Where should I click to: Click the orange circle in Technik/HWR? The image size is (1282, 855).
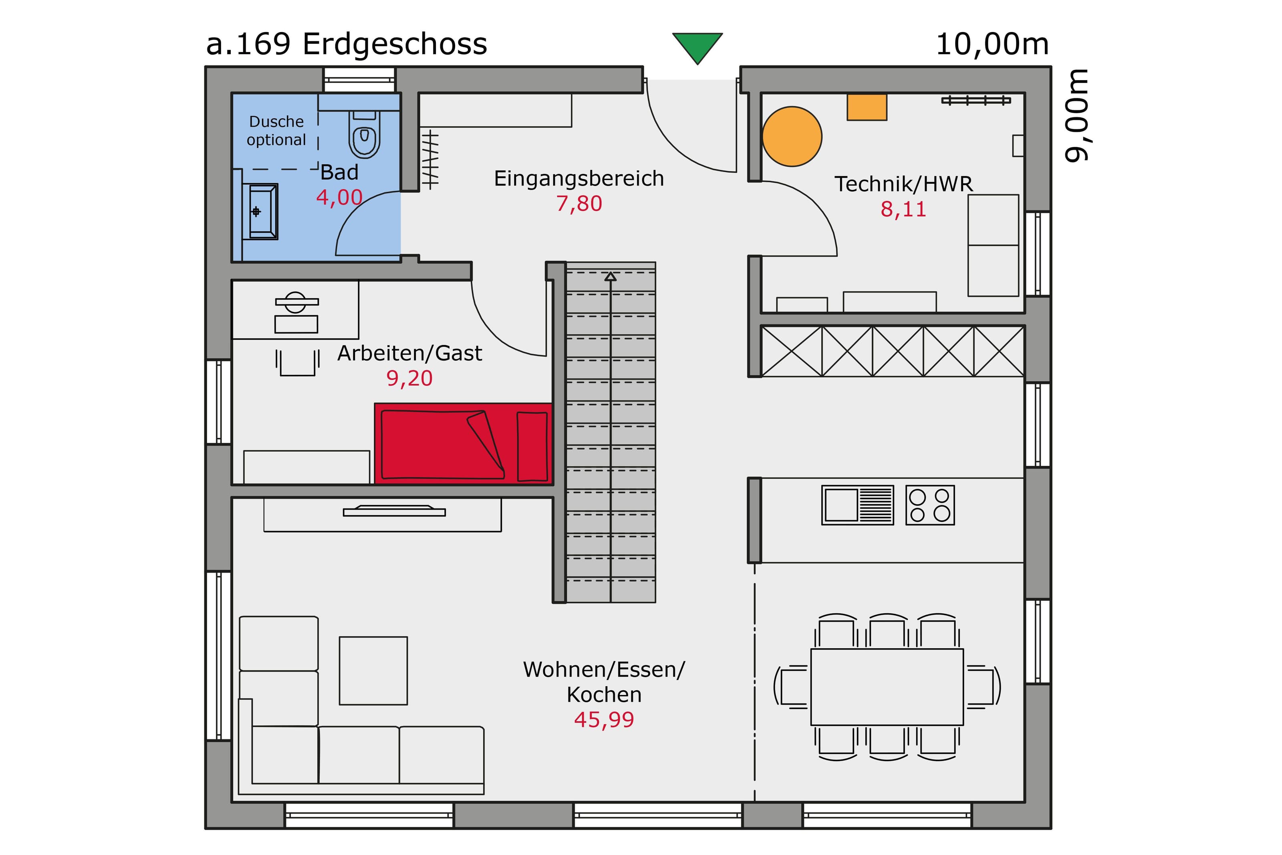tap(791, 136)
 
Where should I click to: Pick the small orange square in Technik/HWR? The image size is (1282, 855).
tap(866, 107)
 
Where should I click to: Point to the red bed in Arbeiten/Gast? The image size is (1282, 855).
tap(463, 444)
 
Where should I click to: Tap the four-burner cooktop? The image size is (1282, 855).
tap(929, 505)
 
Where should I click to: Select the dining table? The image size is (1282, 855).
tap(887, 687)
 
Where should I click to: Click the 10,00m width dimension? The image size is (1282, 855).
tap(992, 44)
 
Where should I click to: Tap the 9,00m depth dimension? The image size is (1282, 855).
tap(1076, 115)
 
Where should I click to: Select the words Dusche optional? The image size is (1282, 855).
tap(276, 131)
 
